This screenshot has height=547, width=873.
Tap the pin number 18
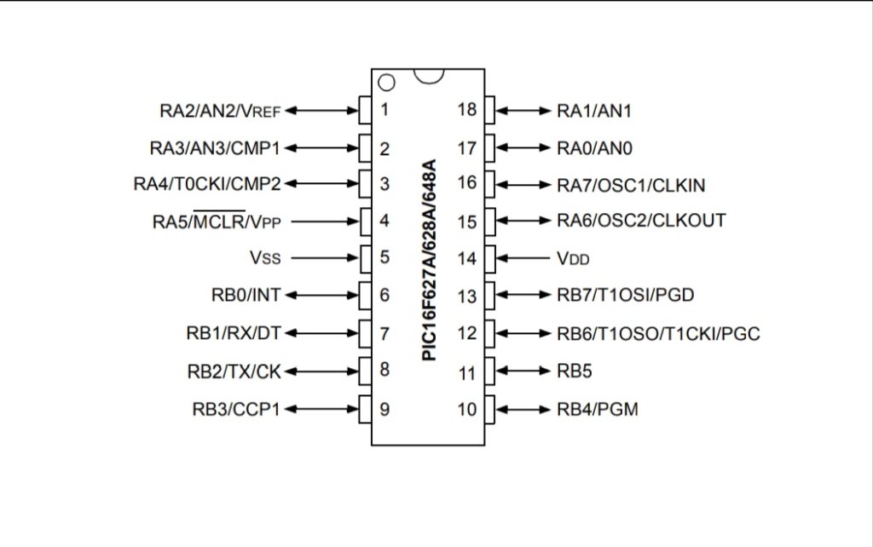pos(466,110)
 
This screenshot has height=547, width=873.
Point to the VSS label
pos(264,257)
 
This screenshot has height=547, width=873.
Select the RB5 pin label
pos(575,372)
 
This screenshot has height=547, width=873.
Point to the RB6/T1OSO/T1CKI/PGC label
pos(658,334)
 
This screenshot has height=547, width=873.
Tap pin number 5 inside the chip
pos(384,257)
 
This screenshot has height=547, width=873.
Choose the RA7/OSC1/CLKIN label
pos(631,184)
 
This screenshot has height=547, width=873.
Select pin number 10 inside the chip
pos(466,410)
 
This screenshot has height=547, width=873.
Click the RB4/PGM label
pos(598,410)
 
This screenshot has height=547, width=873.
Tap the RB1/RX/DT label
pos(233,333)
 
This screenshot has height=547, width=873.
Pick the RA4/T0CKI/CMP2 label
pos(207,184)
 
